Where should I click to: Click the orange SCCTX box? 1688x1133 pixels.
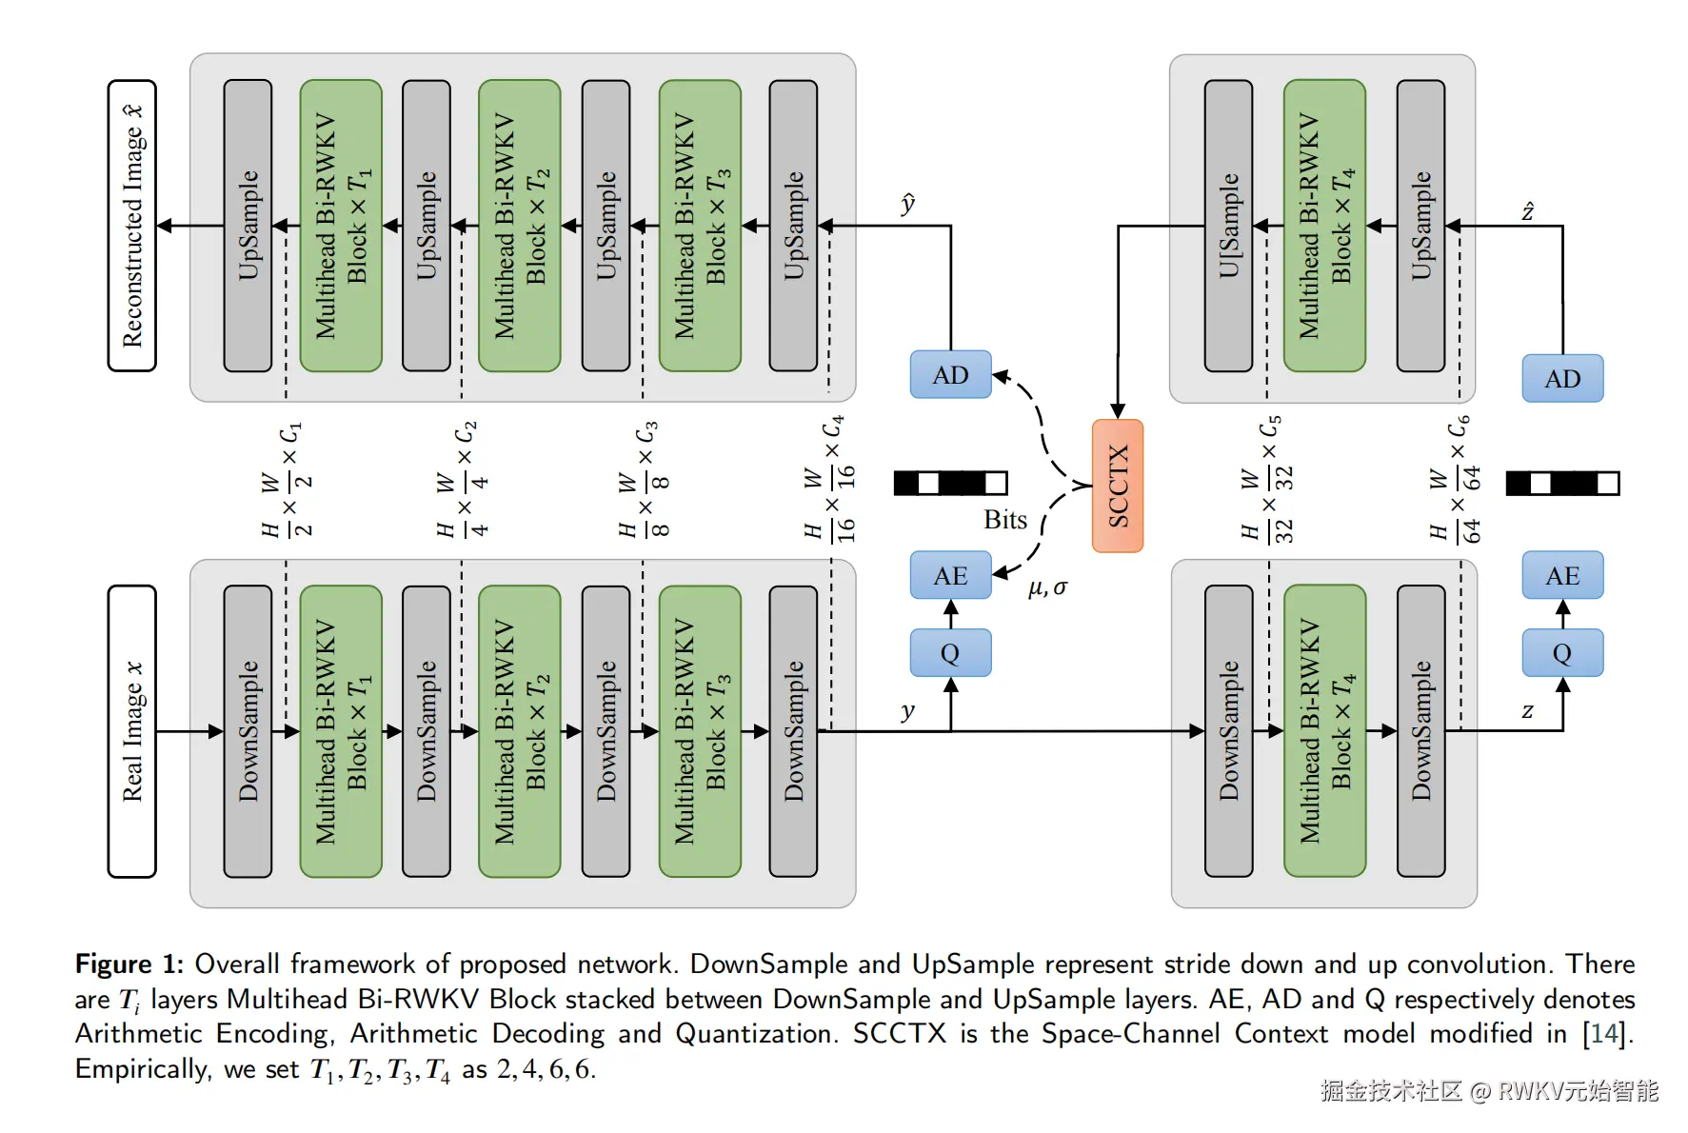1117,486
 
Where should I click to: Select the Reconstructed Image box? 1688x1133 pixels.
132,226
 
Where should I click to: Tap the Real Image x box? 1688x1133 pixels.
132,731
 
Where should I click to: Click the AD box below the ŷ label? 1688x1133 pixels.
950,375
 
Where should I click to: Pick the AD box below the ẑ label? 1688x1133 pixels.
1562,379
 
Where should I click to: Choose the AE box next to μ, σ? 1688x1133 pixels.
950,576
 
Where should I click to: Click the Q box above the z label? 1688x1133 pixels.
1562,653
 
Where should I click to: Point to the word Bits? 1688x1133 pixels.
1004,520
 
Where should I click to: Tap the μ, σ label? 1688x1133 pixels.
1047,588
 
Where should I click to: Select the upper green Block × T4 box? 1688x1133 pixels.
1324,226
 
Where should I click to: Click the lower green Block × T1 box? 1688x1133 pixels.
341,731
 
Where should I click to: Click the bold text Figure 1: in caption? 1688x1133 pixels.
129,964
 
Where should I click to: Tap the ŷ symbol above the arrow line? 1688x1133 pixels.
907,204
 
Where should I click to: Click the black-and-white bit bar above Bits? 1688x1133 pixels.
950,484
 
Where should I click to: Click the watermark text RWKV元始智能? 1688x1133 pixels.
1578,1091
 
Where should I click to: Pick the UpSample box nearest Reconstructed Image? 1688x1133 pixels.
248,226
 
